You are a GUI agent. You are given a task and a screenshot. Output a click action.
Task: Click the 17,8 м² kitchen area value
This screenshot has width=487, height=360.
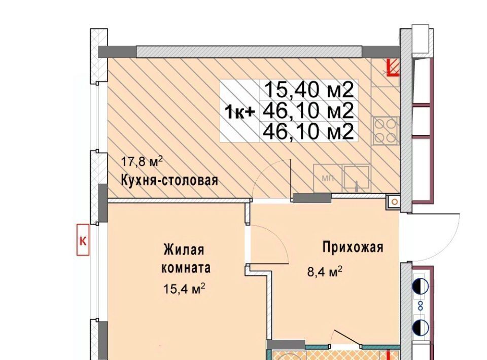point(142,161)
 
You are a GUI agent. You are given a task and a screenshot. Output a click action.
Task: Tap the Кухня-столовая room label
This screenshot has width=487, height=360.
point(169,180)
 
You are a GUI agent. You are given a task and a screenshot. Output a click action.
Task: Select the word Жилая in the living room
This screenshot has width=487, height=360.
point(184,249)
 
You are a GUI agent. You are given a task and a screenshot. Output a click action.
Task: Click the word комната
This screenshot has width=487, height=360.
point(186,268)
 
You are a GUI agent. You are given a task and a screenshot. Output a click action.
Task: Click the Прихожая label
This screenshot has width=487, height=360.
point(353,247)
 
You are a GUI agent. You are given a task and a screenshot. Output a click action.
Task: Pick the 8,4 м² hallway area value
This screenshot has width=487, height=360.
point(325,272)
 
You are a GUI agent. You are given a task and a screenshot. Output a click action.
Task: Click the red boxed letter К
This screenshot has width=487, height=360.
point(83,240)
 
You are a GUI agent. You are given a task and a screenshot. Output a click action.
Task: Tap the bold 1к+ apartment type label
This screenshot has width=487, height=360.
point(240,112)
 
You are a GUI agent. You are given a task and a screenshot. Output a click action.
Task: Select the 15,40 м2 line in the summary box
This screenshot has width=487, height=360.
point(309,90)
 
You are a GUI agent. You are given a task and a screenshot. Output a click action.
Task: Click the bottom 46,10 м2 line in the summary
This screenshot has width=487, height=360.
point(308,132)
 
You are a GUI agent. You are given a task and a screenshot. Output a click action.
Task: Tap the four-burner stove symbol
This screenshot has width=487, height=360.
point(386,131)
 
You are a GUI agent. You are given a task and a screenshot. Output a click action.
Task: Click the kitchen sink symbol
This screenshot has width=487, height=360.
point(356,178)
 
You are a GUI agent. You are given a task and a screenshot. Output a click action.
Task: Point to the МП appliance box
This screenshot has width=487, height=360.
point(328,178)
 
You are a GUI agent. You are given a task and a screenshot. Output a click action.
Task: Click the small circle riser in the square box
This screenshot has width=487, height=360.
point(394,202)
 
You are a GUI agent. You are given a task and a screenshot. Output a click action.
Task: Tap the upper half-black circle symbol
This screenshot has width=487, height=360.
point(421,286)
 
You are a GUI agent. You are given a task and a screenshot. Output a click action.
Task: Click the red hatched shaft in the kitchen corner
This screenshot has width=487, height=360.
point(393,67)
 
